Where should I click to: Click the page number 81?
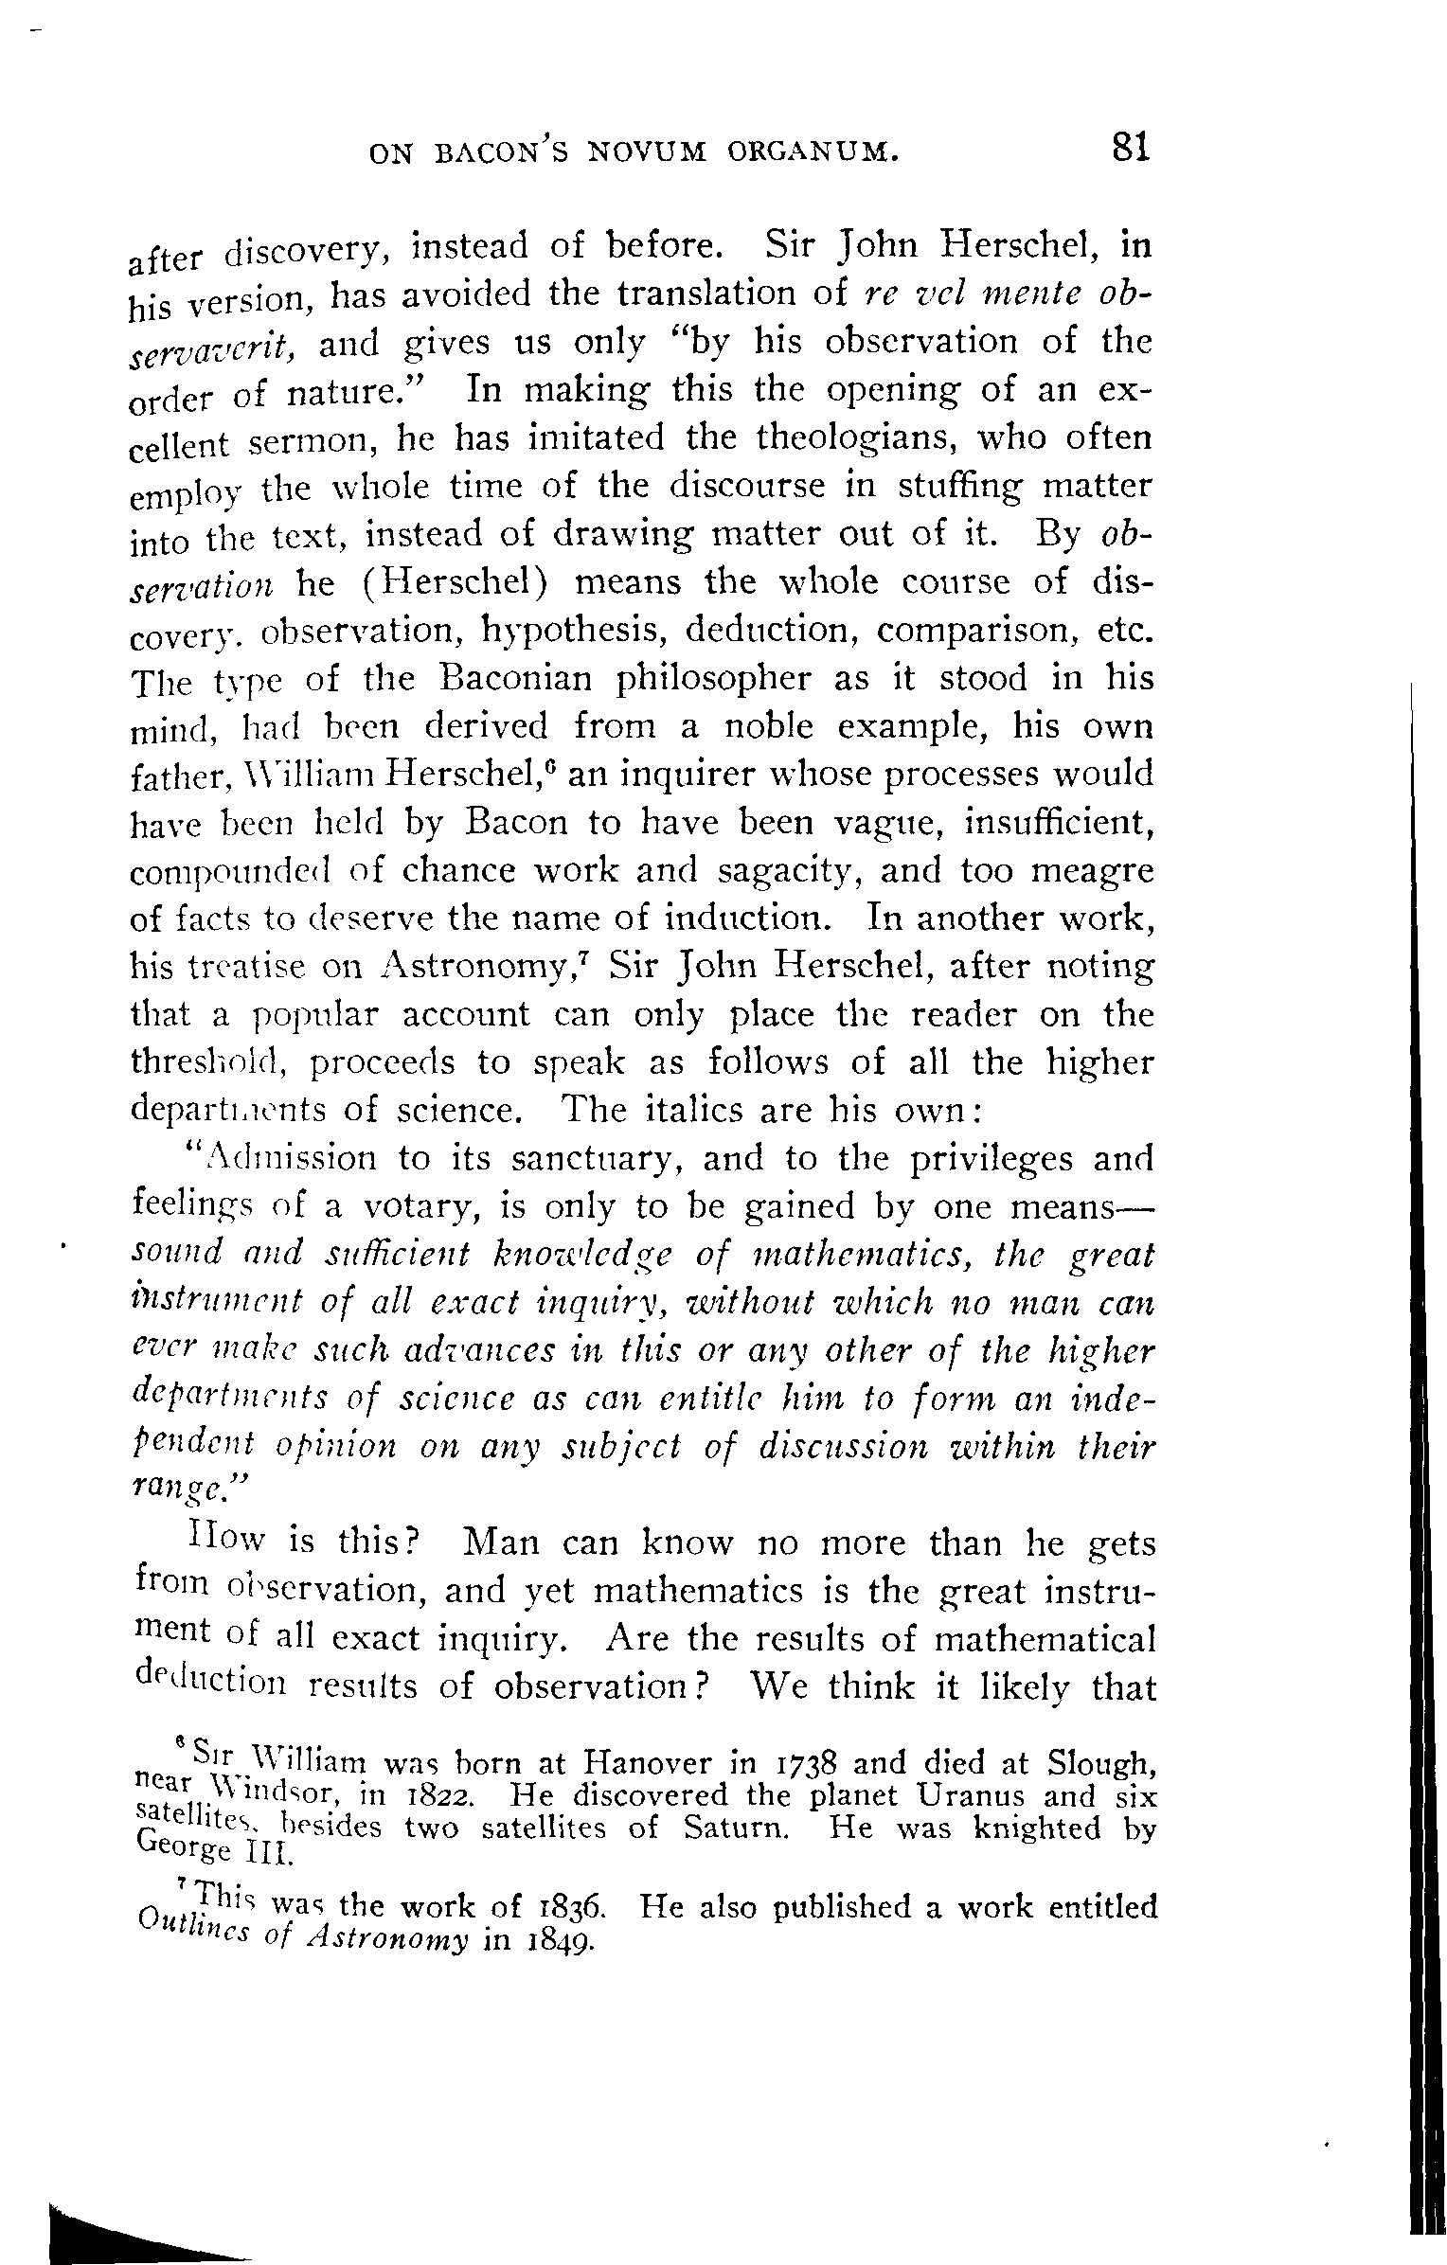1131,149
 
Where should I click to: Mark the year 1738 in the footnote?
798,1764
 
